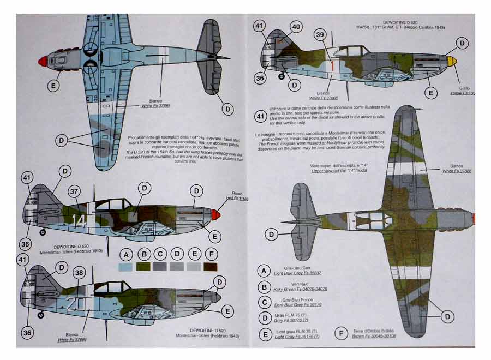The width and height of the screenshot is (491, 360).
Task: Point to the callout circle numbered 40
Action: coord(296,27)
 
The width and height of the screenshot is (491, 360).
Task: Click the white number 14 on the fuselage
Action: coord(80,220)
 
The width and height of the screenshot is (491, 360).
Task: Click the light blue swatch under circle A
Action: coord(126,267)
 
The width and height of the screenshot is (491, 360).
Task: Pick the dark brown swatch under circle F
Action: coord(210,267)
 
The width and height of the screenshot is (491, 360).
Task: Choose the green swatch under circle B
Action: coord(143,267)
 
